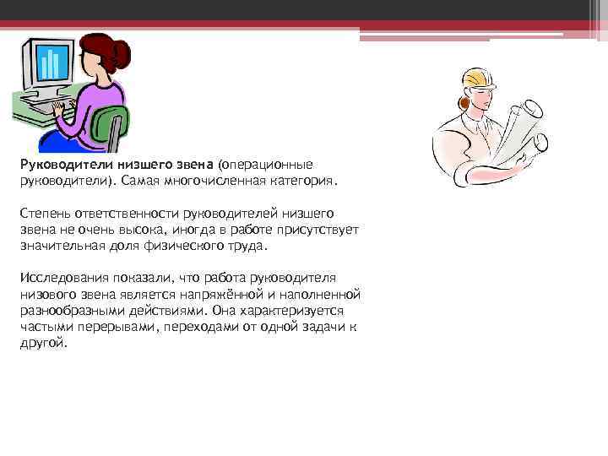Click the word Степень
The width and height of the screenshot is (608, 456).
pos(43,213)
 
